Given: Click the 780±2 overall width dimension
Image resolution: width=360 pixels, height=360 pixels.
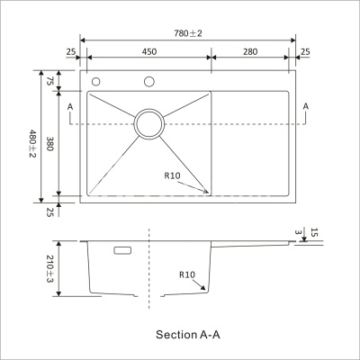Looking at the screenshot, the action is click(x=188, y=33).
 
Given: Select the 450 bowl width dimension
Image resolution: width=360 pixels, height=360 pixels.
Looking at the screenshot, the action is click(x=149, y=52).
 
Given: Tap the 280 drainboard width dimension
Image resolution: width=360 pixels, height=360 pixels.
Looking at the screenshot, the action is click(x=250, y=52).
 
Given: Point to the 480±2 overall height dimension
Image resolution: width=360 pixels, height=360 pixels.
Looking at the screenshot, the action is click(x=32, y=143).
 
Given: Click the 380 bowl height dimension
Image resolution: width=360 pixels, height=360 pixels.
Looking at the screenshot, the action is click(x=49, y=144).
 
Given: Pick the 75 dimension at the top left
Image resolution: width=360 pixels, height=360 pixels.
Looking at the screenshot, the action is click(x=49, y=81).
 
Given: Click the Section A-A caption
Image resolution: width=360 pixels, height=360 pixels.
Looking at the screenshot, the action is click(x=188, y=334).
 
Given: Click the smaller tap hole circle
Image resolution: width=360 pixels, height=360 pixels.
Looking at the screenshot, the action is click(x=95, y=82).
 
